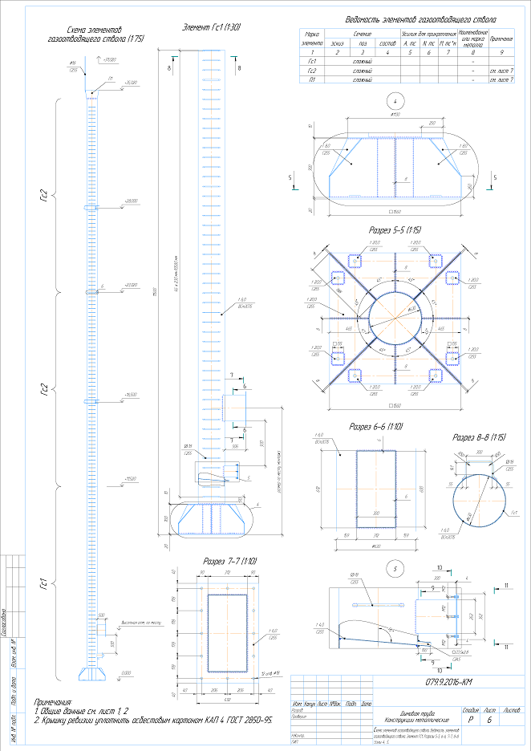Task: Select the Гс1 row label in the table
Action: click(x=312, y=61)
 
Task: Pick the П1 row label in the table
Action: click(x=312, y=79)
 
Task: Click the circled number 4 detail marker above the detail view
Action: click(x=393, y=101)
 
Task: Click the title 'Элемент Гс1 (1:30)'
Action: click(x=213, y=27)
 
